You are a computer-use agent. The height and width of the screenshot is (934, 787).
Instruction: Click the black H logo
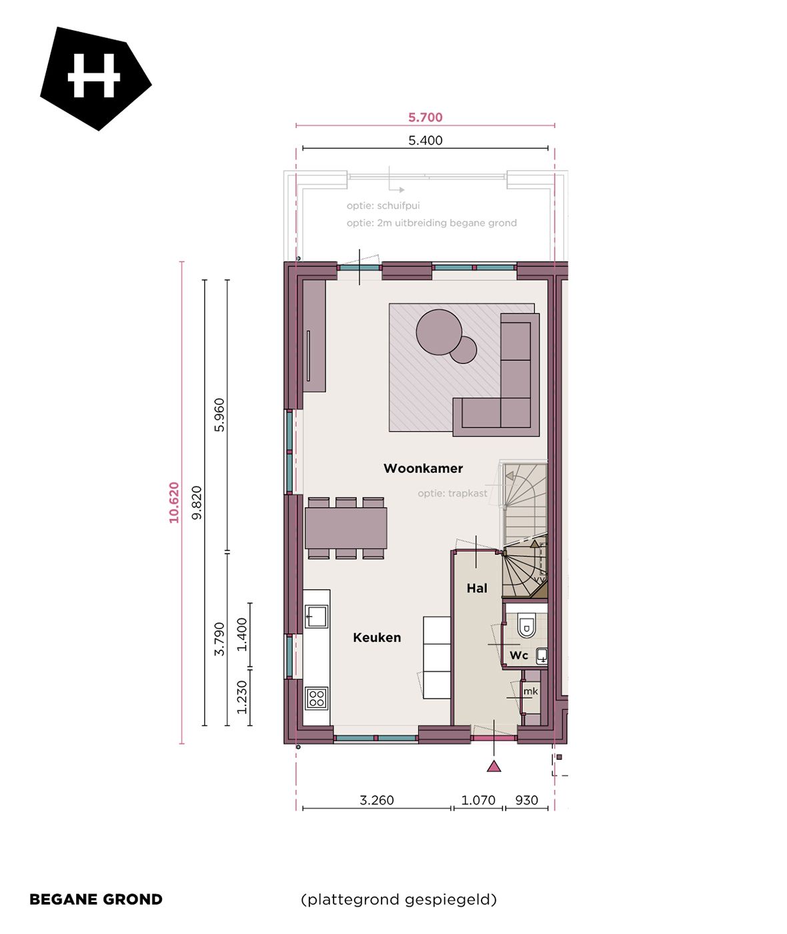(95, 77)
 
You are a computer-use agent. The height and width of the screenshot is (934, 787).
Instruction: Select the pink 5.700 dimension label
(425, 117)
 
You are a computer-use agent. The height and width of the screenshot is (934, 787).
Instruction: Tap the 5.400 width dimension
(425, 140)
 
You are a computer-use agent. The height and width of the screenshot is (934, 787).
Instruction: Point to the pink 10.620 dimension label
(174, 502)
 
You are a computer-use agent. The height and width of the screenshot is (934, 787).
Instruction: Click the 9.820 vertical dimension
(196, 502)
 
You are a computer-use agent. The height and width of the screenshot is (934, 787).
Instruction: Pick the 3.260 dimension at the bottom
(377, 800)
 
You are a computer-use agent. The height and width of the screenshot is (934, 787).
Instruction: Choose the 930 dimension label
(526, 800)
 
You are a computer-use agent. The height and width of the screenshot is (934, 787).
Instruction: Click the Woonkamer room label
(423, 468)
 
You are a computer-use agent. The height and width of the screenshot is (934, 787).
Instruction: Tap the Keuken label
(377, 638)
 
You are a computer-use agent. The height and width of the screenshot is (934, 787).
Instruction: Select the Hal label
(477, 588)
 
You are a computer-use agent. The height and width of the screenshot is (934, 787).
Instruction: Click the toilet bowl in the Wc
(526, 626)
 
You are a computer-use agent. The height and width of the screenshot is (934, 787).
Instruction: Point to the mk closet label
(530, 691)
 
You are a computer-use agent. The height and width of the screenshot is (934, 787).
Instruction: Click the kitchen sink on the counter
(316, 616)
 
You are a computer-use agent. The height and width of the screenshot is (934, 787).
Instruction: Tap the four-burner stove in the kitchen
(317, 698)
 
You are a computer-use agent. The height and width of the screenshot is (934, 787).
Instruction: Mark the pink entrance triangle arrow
(494, 767)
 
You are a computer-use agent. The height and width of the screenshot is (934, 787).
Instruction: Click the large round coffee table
(438, 332)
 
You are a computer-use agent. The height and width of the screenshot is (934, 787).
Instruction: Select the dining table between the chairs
(345, 528)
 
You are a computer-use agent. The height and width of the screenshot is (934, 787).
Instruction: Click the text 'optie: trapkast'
(452, 494)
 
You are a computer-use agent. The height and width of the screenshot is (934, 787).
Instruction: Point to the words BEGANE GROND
(96, 899)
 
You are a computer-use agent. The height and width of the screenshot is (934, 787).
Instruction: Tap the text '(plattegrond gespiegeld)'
(399, 899)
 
